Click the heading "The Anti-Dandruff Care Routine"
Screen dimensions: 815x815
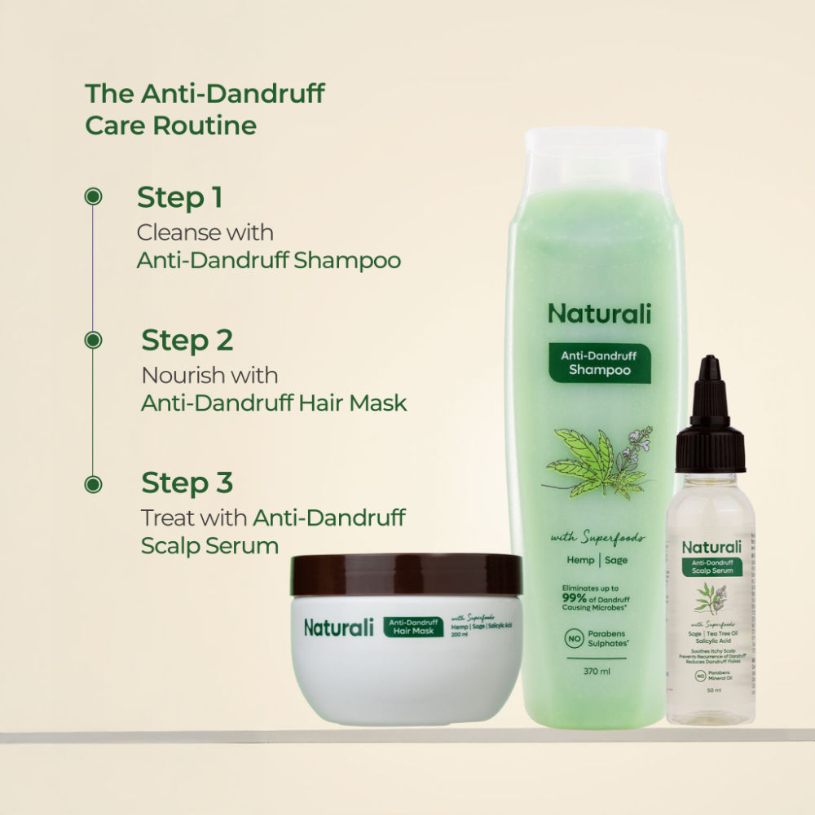(205, 109)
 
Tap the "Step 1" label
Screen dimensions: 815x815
(179, 197)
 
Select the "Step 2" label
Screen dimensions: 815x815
(187, 340)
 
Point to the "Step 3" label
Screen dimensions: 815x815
(187, 482)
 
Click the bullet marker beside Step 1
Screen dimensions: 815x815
(94, 196)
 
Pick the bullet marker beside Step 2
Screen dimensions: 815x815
(94, 340)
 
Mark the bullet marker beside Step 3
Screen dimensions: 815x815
(94, 483)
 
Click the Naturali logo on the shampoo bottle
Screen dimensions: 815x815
(600, 313)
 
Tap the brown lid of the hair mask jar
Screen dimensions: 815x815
(407, 575)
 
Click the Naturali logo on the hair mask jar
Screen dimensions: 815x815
(338, 628)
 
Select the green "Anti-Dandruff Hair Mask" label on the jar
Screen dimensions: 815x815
(414, 627)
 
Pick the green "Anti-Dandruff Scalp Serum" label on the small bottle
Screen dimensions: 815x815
(711, 566)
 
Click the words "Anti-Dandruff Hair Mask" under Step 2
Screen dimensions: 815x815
(274, 403)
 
